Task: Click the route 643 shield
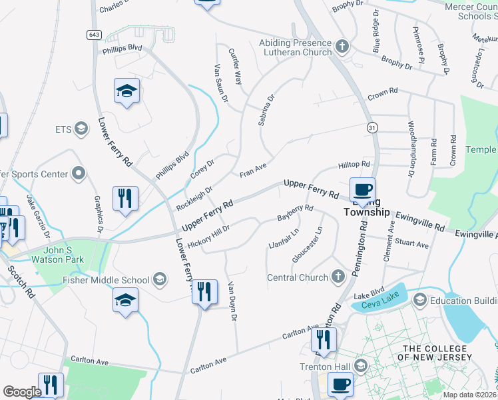click(91, 34)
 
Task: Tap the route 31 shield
click(372, 127)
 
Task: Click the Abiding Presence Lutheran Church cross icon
click(343, 47)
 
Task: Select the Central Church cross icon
click(338, 277)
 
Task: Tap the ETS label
click(65, 129)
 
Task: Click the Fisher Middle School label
click(107, 280)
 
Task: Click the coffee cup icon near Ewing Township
click(362, 190)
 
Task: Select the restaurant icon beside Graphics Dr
click(125, 199)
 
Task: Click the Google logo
click(22, 392)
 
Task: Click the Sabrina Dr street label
click(266, 111)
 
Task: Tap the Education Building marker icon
click(419, 300)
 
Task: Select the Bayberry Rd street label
click(294, 213)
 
